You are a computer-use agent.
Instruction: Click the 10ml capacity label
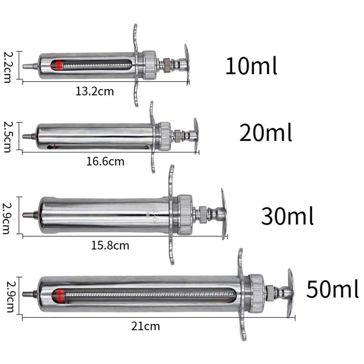tap(251, 66)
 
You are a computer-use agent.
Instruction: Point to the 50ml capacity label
tap(332, 289)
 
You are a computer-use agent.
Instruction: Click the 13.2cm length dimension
tap(95, 91)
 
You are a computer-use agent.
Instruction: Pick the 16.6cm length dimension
tap(105, 161)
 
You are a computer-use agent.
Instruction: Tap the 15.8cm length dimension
tap(110, 246)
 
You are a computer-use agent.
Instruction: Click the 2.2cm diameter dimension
tap(7, 66)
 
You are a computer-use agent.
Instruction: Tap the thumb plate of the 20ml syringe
tap(196, 135)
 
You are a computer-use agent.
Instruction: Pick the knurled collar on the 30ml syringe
tap(185, 215)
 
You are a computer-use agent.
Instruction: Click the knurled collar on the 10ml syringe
tap(149, 66)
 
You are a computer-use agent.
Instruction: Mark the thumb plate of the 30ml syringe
tap(223, 214)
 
